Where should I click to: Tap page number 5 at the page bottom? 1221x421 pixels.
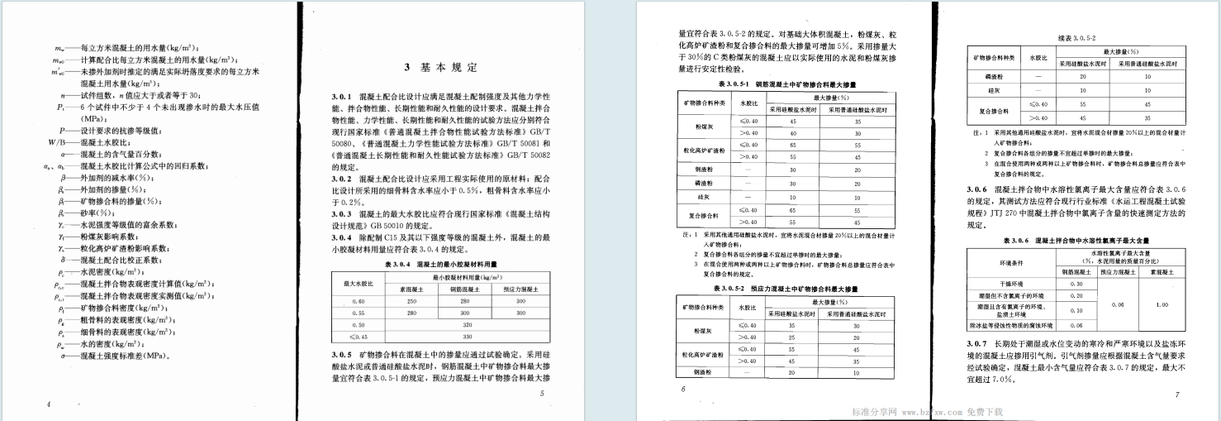pos(542,394)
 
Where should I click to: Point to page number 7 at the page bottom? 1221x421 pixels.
pos(1176,395)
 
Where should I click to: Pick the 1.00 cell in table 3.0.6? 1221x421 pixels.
pos(1161,304)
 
